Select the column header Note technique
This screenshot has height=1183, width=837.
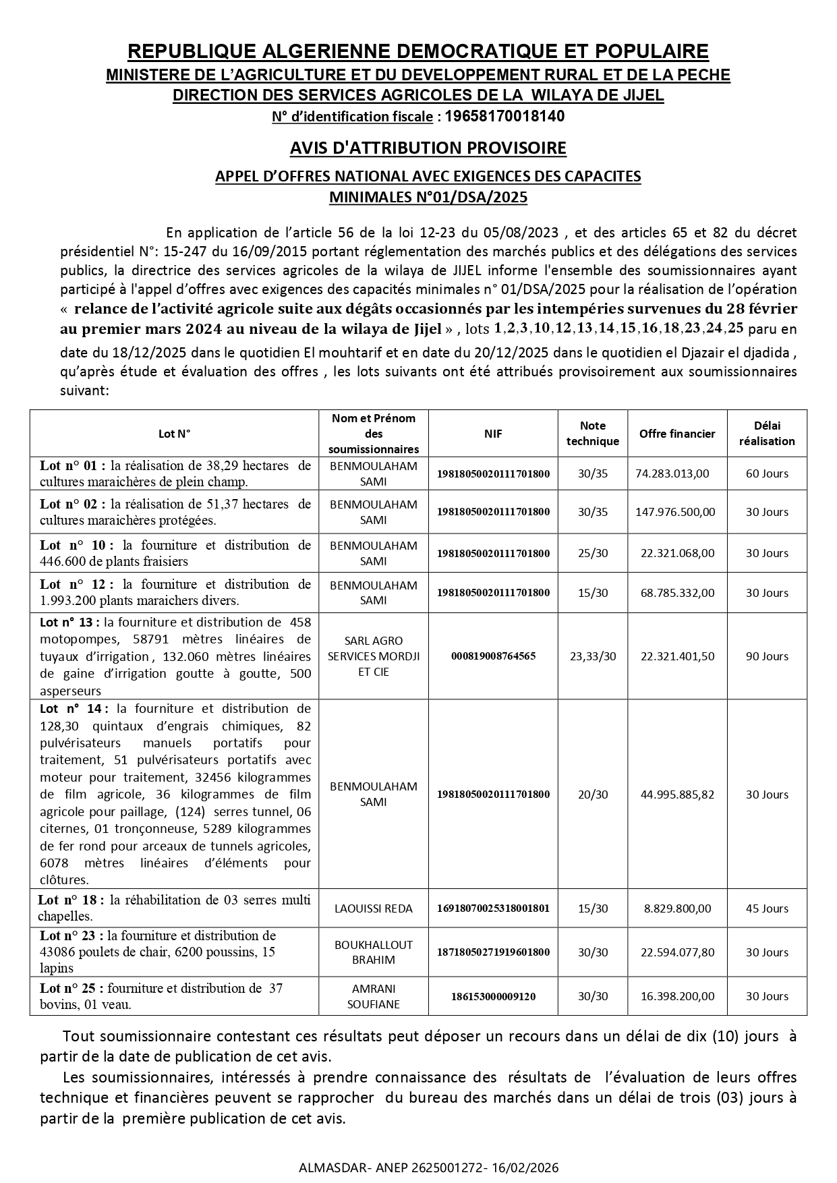(x=592, y=433)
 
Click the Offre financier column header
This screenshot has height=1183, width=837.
(x=677, y=434)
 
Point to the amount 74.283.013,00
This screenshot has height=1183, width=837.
(x=672, y=473)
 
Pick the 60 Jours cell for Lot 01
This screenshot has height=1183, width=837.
(x=767, y=473)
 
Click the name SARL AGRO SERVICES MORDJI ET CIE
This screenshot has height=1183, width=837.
(x=374, y=656)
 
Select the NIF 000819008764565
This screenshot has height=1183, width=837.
(x=493, y=656)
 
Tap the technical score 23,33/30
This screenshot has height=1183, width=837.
(x=592, y=656)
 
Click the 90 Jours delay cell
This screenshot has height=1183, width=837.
(x=767, y=656)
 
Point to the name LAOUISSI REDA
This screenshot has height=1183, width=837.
(x=374, y=908)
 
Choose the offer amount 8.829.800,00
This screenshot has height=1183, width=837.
(x=677, y=908)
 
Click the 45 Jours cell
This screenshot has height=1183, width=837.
(x=767, y=908)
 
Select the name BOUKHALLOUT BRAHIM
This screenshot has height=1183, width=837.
(x=374, y=952)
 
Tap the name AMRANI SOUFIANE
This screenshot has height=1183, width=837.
(x=374, y=996)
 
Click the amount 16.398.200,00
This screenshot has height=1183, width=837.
(x=677, y=996)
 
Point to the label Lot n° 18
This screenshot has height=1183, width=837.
(x=71, y=900)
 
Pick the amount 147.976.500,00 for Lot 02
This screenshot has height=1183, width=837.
(x=675, y=512)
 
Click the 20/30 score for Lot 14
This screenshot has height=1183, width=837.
(x=592, y=795)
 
